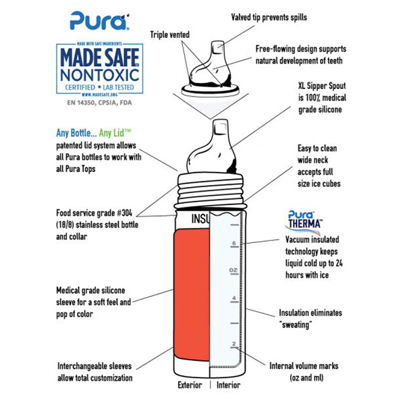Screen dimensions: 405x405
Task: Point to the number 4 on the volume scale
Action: click(x=233, y=298)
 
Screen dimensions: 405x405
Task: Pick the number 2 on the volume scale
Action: click(x=233, y=344)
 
